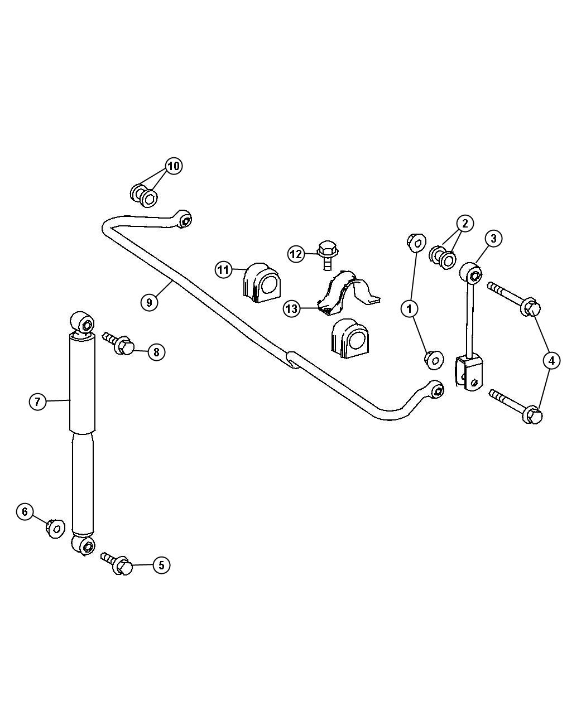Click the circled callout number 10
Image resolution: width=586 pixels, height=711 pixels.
coord(174,167)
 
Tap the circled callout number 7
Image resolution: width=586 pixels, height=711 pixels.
coord(38,402)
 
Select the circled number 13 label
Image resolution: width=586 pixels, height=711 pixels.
coord(292,309)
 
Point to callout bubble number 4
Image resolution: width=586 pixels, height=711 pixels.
coord(551,360)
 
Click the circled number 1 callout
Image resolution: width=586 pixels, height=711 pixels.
coord(410,309)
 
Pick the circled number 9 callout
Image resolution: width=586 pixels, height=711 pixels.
coord(150,302)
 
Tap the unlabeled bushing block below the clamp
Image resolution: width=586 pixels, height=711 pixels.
coord(350,338)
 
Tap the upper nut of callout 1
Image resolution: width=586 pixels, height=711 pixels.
coord(416,243)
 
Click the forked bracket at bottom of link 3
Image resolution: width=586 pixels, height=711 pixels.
coord(469,373)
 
